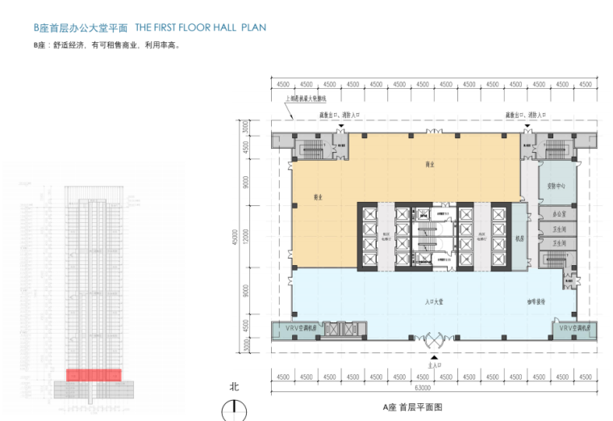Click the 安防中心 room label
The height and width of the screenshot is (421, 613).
[556, 185]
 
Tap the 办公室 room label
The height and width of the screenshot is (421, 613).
[557, 214]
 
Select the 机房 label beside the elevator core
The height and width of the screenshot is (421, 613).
[520, 239]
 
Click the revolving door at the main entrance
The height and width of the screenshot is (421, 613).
[435, 339]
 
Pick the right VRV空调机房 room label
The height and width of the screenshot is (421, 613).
[574, 329]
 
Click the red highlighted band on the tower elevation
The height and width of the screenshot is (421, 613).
[93, 375]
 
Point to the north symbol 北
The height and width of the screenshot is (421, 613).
[234, 387]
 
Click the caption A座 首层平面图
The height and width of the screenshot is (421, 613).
[413, 408]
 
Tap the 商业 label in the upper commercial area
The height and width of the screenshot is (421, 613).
[430, 165]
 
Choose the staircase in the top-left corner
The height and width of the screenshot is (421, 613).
[311, 148]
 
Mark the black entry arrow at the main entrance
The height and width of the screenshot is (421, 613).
[435, 356]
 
